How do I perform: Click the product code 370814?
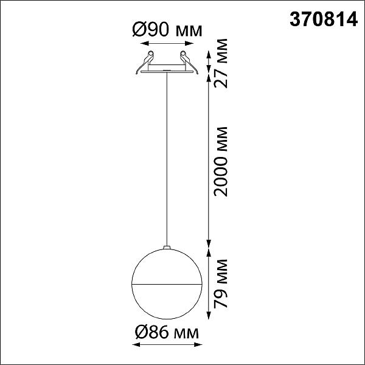coord(324,19)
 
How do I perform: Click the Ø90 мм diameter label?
coord(167,30)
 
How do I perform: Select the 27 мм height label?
coord(220,63)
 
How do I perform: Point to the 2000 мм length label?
coord(220,162)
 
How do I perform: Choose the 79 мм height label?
coord(220,283)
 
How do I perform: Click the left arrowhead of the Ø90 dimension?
coord(145,43)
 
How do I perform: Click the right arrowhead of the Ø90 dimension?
coord(189,43)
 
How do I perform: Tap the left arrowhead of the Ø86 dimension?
coord(136,344)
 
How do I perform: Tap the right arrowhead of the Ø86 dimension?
coord(198,344)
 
